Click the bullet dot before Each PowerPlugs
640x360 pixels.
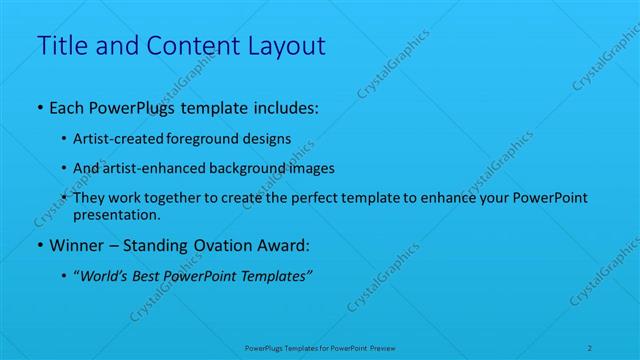click(x=39, y=106)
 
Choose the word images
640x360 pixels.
click(x=311, y=168)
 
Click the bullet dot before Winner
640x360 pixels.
click(x=39, y=246)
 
